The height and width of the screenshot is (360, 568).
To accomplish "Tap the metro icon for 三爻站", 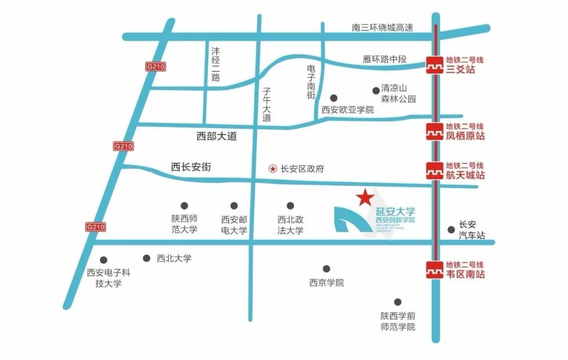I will (434, 65).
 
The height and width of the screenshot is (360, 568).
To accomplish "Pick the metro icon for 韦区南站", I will (434, 270).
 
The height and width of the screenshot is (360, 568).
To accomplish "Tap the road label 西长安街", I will (191, 167).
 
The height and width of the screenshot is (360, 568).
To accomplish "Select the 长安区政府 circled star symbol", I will (272, 169).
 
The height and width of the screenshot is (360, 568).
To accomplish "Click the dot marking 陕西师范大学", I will (184, 205).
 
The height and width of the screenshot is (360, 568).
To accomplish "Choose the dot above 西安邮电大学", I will (234, 205).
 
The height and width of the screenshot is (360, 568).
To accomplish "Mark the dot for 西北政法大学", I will (290, 205).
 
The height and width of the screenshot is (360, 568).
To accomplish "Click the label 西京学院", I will (326, 283).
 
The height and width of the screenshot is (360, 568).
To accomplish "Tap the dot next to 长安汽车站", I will (451, 229).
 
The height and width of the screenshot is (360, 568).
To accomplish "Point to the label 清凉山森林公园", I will (399, 94).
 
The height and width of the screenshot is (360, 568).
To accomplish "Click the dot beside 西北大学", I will (147, 258).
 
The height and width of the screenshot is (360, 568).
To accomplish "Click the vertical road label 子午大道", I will (267, 105).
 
